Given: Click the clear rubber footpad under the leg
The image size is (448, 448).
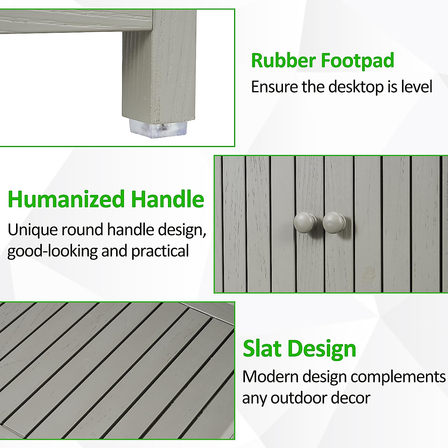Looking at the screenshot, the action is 158,128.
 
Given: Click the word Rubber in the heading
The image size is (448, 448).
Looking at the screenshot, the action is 283,60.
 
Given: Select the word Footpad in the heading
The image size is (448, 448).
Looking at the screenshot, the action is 358,61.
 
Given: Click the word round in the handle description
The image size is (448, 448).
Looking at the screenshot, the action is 82,230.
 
